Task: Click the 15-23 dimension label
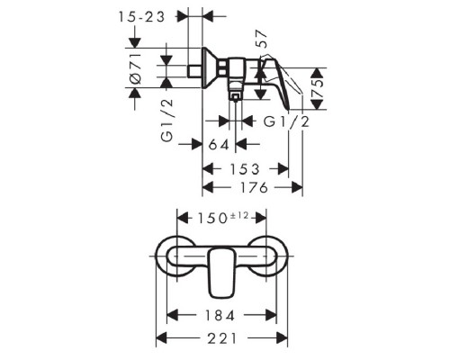click(x=142, y=16)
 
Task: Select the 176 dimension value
click(x=252, y=187)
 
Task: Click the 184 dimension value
click(x=220, y=316)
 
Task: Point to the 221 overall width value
click(x=219, y=337)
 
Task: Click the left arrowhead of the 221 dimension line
click(x=162, y=337)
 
